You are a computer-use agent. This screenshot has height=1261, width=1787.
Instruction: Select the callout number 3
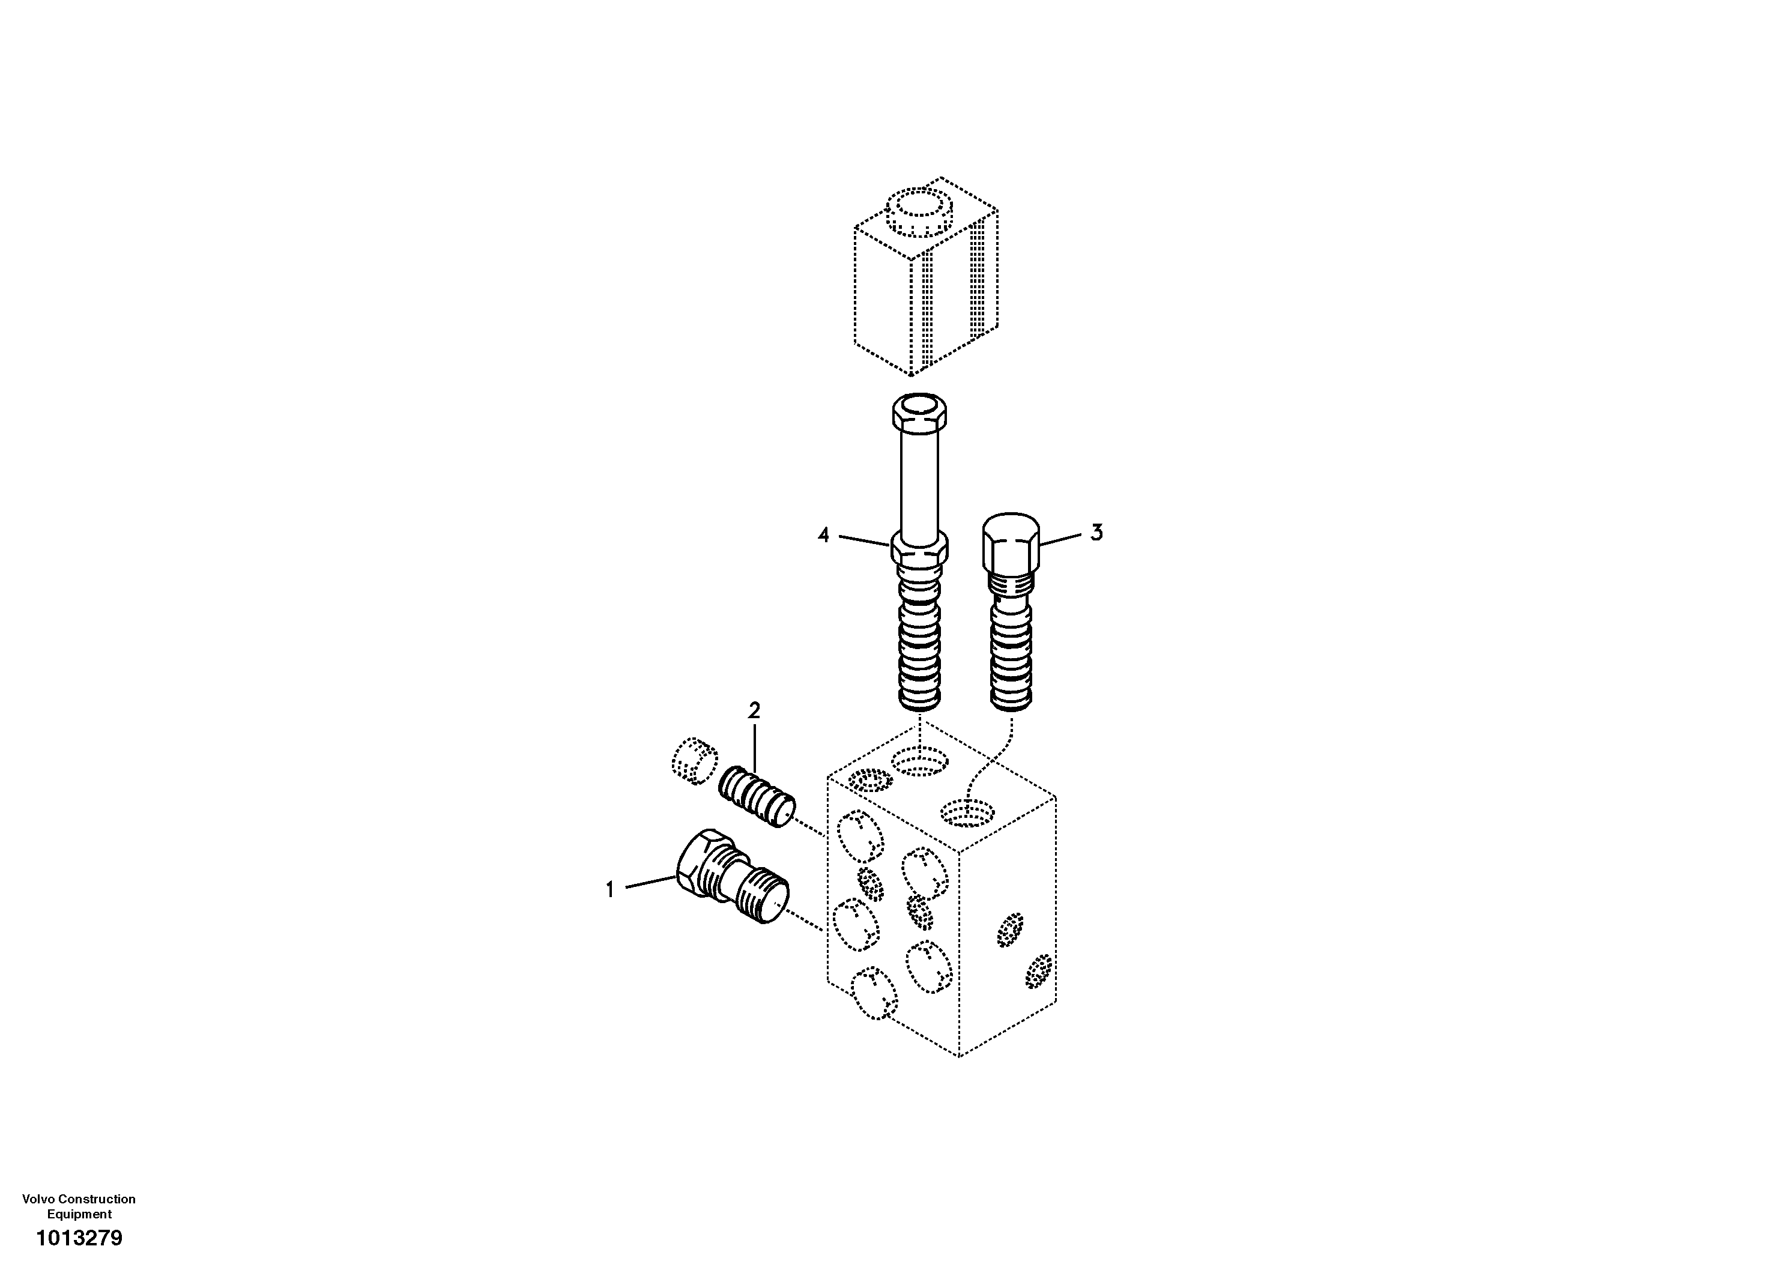[1096, 533]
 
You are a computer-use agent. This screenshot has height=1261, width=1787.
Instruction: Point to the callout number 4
[823, 535]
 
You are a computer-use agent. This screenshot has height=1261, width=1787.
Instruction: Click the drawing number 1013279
[79, 1238]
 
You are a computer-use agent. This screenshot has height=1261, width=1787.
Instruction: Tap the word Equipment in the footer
[79, 1214]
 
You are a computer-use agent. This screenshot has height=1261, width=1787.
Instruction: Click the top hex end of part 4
[920, 413]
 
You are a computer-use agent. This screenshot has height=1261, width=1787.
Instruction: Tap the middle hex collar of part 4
[920, 549]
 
